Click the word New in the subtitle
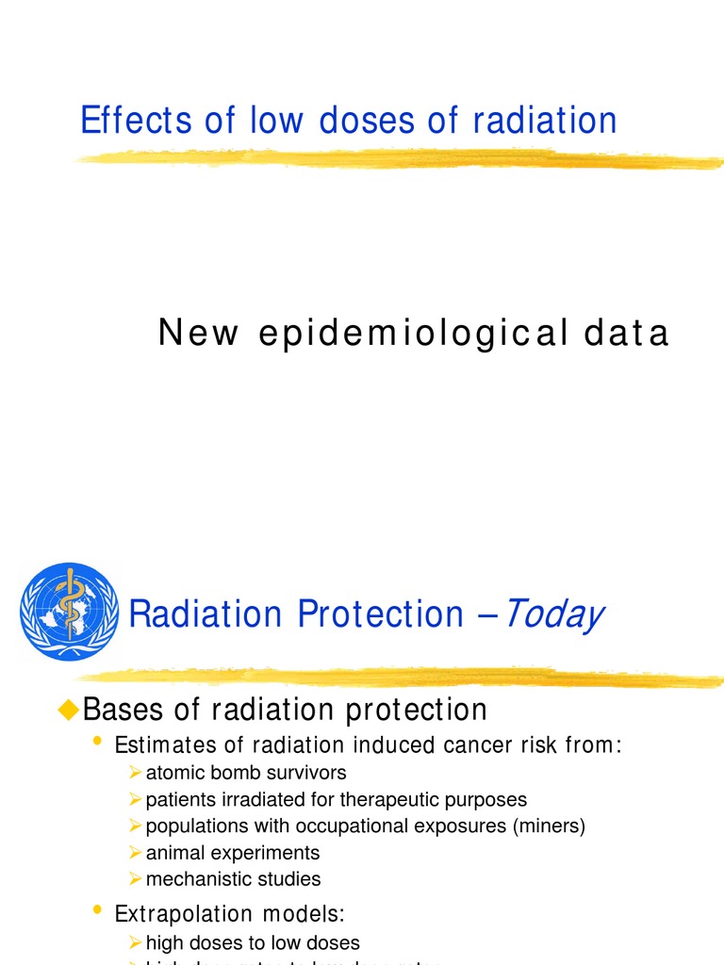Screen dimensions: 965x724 point(198,334)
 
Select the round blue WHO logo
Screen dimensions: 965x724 point(69,612)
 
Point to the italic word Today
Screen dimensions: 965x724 point(552,614)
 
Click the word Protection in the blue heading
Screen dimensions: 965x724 point(380,614)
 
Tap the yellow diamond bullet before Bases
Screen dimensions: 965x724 point(66,710)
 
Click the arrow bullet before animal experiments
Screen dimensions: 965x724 point(136,853)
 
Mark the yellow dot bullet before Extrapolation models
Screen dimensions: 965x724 point(97,910)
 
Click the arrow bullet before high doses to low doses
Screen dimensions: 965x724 point(136,942)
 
